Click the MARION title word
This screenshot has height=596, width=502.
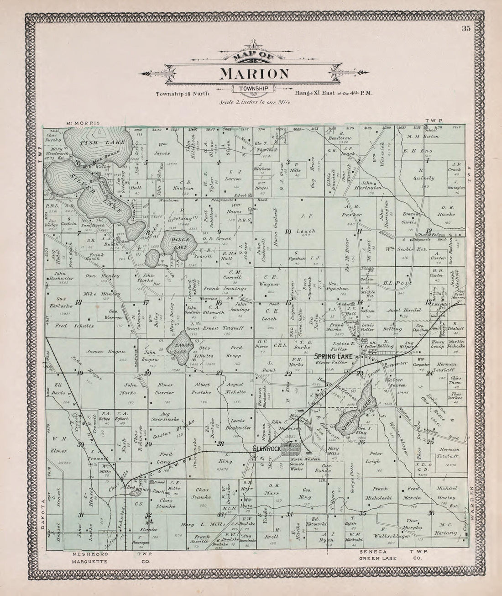click(255, 74)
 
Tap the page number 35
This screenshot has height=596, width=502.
click(466, 28)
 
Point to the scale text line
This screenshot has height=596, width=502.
click(255, 102)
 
